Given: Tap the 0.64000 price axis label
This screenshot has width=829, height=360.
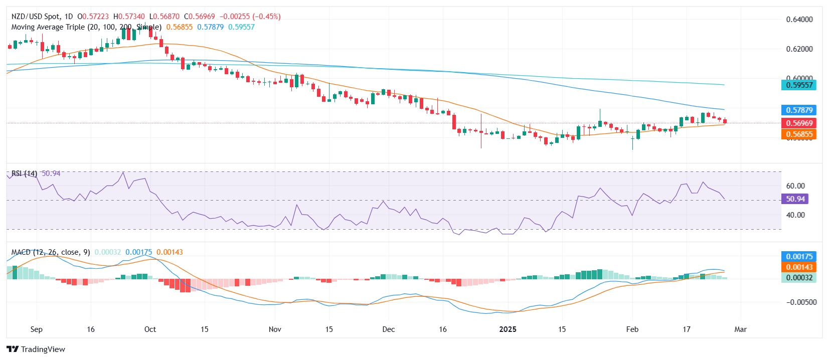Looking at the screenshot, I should [799, 20].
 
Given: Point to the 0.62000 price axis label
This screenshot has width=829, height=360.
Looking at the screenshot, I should [799, 49].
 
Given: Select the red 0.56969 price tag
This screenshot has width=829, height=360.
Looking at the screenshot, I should [799, 123].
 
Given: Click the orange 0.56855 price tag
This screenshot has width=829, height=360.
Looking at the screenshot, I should [799, 134].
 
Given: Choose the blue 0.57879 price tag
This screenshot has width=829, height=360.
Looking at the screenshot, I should [799, 110].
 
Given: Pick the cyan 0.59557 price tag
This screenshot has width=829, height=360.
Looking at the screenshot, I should [799, 85].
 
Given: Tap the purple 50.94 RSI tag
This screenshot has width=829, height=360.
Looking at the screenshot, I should [795, 199].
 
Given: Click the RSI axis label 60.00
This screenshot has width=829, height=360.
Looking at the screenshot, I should [795, 186].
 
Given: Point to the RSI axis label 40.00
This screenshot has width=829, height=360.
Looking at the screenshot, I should [795, 215].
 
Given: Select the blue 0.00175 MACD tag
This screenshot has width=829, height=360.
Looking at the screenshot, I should [799, 257].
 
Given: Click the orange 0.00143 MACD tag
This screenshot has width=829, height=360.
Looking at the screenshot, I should [799, 267].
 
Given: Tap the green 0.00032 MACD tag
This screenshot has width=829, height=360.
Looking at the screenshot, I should [799, 278].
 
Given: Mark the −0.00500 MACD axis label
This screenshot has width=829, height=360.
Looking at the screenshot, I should [801, 302].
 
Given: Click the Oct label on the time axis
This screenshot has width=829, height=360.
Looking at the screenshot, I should [150, 329].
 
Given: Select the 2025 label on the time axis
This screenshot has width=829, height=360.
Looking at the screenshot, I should [508, 329].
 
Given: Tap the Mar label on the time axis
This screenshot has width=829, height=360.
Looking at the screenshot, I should [740, 329].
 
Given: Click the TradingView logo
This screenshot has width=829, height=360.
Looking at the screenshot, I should [36, 349].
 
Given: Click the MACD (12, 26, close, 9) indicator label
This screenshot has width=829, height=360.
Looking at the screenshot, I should [51, 252].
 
